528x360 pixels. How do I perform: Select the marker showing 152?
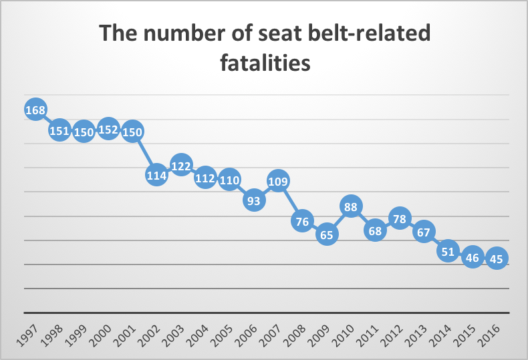108,130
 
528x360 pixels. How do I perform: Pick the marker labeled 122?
181,165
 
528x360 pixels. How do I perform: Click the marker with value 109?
278,180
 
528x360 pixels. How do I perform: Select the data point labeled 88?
351,206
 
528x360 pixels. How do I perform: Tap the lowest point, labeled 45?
497,258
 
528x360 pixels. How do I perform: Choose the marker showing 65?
326,234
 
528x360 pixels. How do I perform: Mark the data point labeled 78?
399,218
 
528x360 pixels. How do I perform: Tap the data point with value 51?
448,251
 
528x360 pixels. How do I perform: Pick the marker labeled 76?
302,221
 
